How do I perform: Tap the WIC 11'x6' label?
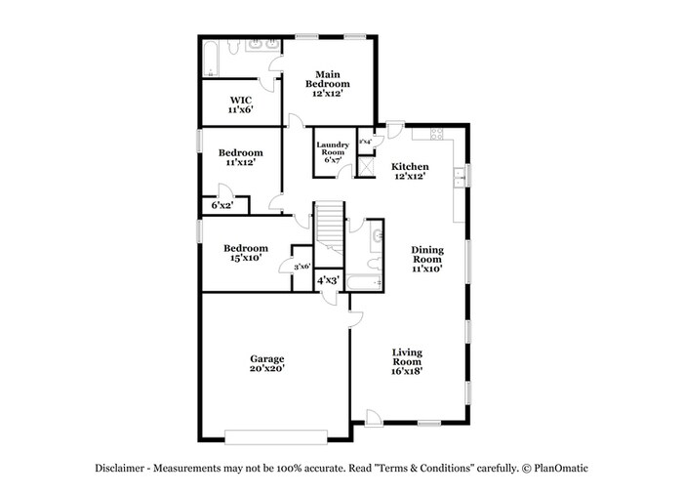[241, 104]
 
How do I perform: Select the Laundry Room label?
[332, 152]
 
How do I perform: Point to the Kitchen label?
[411, 171]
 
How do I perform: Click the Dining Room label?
[426, 258]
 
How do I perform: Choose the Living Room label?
[407, 360]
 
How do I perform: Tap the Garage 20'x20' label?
[266, 364]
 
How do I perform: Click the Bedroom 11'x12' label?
[240, 158]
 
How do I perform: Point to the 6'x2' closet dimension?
[222, 205]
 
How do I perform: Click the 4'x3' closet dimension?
[327, 281]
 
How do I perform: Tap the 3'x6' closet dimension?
[302, 267]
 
